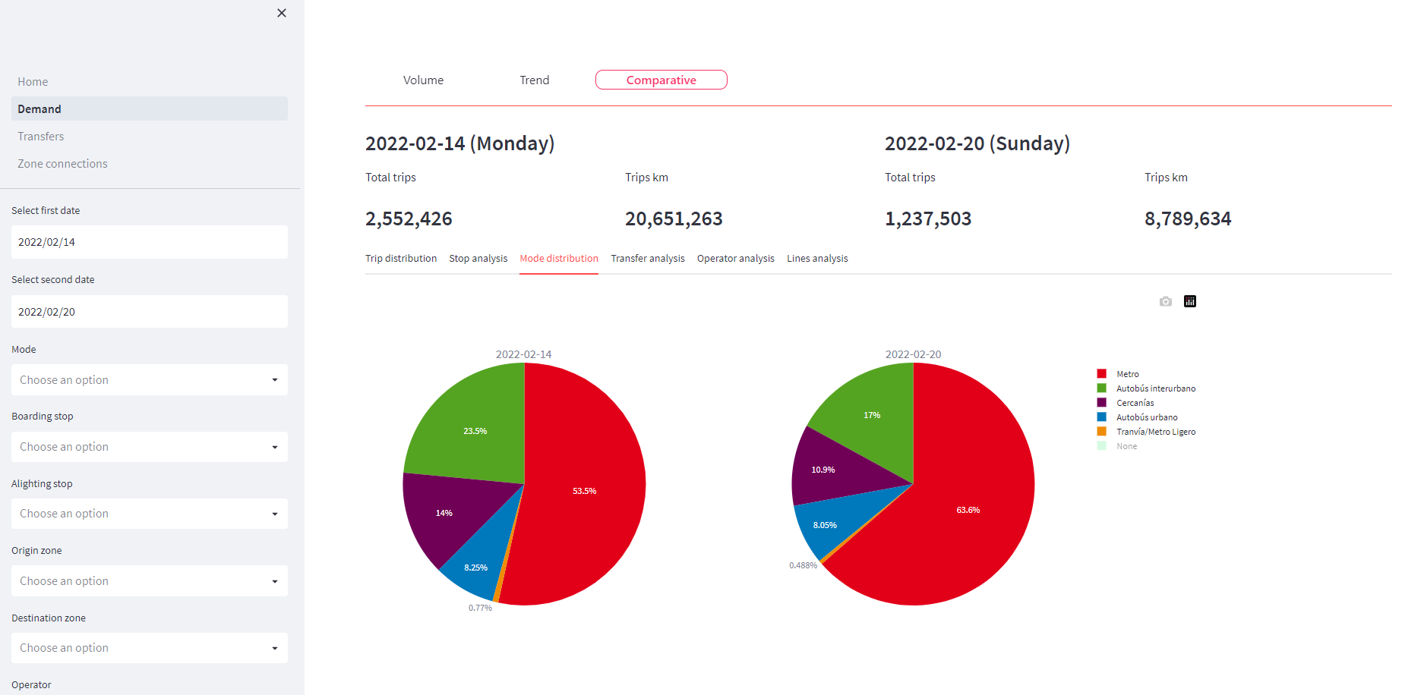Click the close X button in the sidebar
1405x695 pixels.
[x=282, y=13]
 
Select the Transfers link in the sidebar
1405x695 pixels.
[x=41, y=137]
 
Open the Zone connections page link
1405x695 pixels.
[x=62, y=164]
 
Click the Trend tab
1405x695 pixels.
[x=534, y=80]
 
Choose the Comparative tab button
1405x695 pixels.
[x=661, y=80]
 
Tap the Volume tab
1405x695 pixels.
[x=423, y=80]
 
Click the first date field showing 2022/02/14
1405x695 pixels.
[x=149, y=242]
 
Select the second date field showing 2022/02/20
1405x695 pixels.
[x=149, y=312]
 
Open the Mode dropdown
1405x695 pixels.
[x=149, y=380]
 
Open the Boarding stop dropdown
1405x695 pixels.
[x=149, y=447]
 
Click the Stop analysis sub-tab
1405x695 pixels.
[x=478, y=259]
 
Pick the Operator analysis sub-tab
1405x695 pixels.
[x=735, y=259]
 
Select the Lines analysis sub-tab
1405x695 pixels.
[x=817, y=259]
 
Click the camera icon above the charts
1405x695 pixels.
[x=1166, y=302]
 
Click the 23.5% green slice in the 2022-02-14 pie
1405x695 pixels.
[x=475, y=431]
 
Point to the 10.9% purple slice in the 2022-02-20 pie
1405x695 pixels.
[x=822, y=470]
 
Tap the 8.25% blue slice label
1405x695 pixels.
[x=475, y=568]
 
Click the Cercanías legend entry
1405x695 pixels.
[x=1135, y=403]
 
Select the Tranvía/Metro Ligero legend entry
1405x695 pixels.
[x=1155, y=432]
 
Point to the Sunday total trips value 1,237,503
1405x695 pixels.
[x=928, y=219]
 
